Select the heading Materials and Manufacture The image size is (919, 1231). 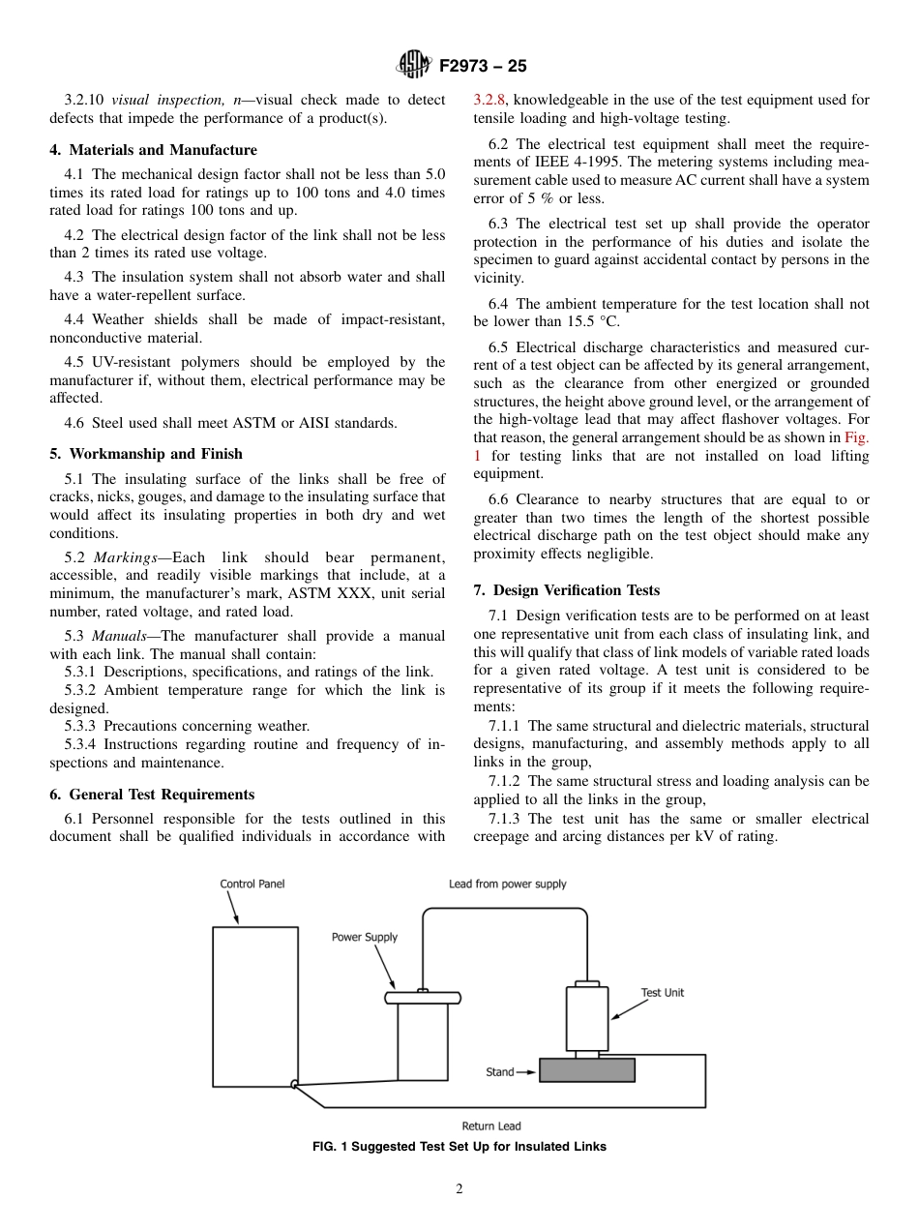click(153, 150)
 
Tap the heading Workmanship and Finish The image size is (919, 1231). click(145, 454)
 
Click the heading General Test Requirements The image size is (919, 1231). click(152, 795)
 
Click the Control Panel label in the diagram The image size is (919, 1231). click(252, 884)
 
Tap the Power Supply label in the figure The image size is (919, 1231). click(365, 937)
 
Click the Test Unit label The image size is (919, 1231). click(662, 993)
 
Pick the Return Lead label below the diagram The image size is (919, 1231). click(490, 1126)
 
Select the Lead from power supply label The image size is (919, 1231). click(507, 884)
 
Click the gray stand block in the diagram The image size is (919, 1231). click(586, 1070)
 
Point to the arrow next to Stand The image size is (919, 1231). click(526, 1072)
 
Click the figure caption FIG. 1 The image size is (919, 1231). click(459, 1147)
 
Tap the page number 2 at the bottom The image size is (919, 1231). click(459, 1189)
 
